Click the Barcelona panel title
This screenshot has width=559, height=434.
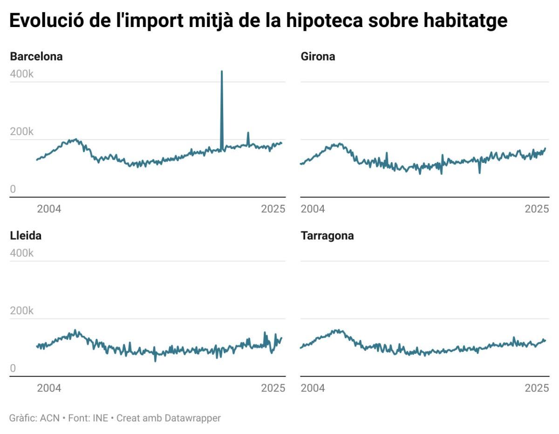(x=36, y=57)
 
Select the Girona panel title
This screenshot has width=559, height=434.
(x=318, y=57)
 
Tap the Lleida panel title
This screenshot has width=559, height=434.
(x=26, y=236)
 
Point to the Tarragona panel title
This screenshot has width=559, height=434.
(x=327, y=236)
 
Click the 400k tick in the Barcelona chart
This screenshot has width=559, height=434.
(x=22, y=74)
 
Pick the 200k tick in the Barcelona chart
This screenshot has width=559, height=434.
(x=22, y=132)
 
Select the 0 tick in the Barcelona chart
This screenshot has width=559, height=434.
(x=13, y=189)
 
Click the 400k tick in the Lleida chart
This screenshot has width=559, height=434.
(x=22, y=253)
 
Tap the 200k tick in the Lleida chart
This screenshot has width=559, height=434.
(x=22, y=311)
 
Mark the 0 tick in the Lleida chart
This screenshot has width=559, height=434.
(x=13, y=368)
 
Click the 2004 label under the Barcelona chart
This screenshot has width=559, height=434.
(x=49, y=209)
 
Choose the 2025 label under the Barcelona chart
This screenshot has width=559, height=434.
(x=273, y=209)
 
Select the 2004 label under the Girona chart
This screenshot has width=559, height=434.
(x=313, y=209)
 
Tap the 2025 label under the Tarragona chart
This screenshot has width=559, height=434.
(x=537, y=388)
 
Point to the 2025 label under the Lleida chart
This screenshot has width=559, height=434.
(x=273, y=388)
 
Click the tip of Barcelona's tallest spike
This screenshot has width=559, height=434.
(x=222, y=71)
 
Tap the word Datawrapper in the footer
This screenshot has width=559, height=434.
(x=192, y=418)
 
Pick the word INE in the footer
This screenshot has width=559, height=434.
(x=100, y=418)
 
